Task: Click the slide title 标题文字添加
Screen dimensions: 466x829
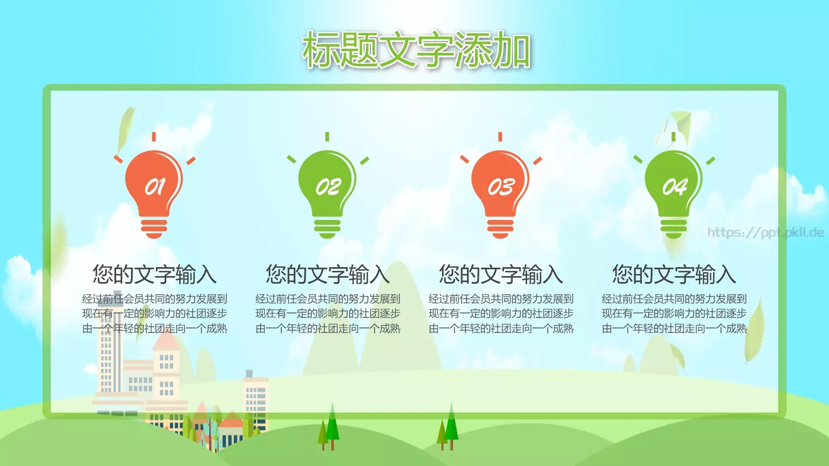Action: (x=416, y=50)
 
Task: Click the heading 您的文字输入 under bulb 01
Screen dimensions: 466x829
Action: (x=154, y=274)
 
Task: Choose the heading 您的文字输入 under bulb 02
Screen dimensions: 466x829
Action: (x=327, y=274)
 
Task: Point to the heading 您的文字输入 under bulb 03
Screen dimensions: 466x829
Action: (x=501, y=274)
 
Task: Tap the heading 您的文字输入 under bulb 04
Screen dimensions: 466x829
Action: (x=674, y=274)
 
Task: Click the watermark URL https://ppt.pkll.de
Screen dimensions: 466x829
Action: (x=765, y=232)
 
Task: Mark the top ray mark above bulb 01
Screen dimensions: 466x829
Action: (x=154, y=137)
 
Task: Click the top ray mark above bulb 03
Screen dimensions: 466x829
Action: (x=500, y=137)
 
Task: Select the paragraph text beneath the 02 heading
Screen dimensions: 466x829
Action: (x=327, y=313)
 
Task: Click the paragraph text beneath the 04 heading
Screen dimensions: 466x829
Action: (x=674, y=313)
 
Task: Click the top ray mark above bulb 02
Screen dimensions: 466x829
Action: (x=327, y=137)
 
